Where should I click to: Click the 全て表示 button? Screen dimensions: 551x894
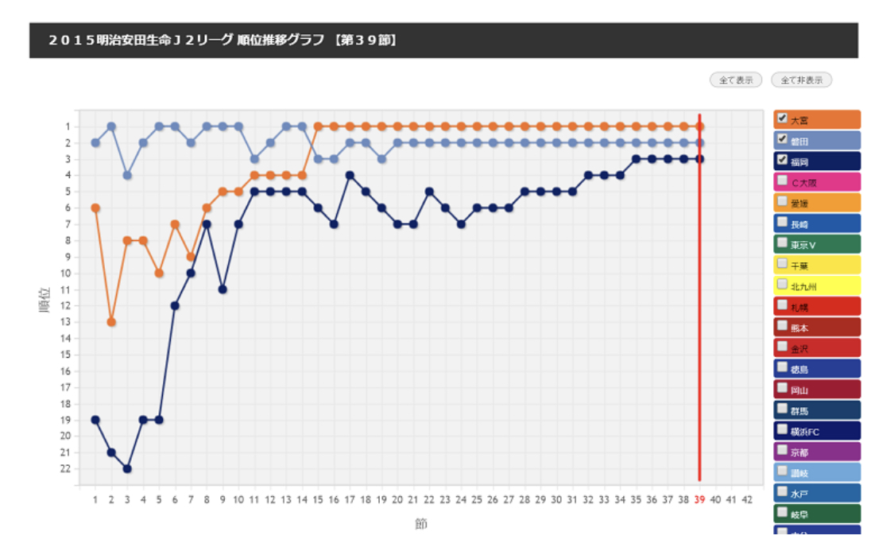[x=735, y=80]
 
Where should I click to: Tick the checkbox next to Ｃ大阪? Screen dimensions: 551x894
[x=782, y=180]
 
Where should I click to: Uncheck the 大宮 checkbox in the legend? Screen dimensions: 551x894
[x=782, y=118]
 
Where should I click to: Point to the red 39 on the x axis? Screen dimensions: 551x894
[x=699, y=499]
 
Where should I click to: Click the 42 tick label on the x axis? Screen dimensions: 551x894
[x=747, y=499]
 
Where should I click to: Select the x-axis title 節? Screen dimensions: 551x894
[x=420, y=524]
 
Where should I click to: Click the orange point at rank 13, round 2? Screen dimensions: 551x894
[x=111, y=322]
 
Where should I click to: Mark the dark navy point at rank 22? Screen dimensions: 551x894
[x=127, y=468]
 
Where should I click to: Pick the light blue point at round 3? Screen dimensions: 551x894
[x=127, y=175]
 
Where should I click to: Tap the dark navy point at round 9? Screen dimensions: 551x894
[x=223, y=289]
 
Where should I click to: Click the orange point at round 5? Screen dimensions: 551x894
[x=159, y=273]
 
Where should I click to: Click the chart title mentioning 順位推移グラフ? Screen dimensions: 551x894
[x=223, y=40]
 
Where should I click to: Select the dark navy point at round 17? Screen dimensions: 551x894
[x=350, y=175]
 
